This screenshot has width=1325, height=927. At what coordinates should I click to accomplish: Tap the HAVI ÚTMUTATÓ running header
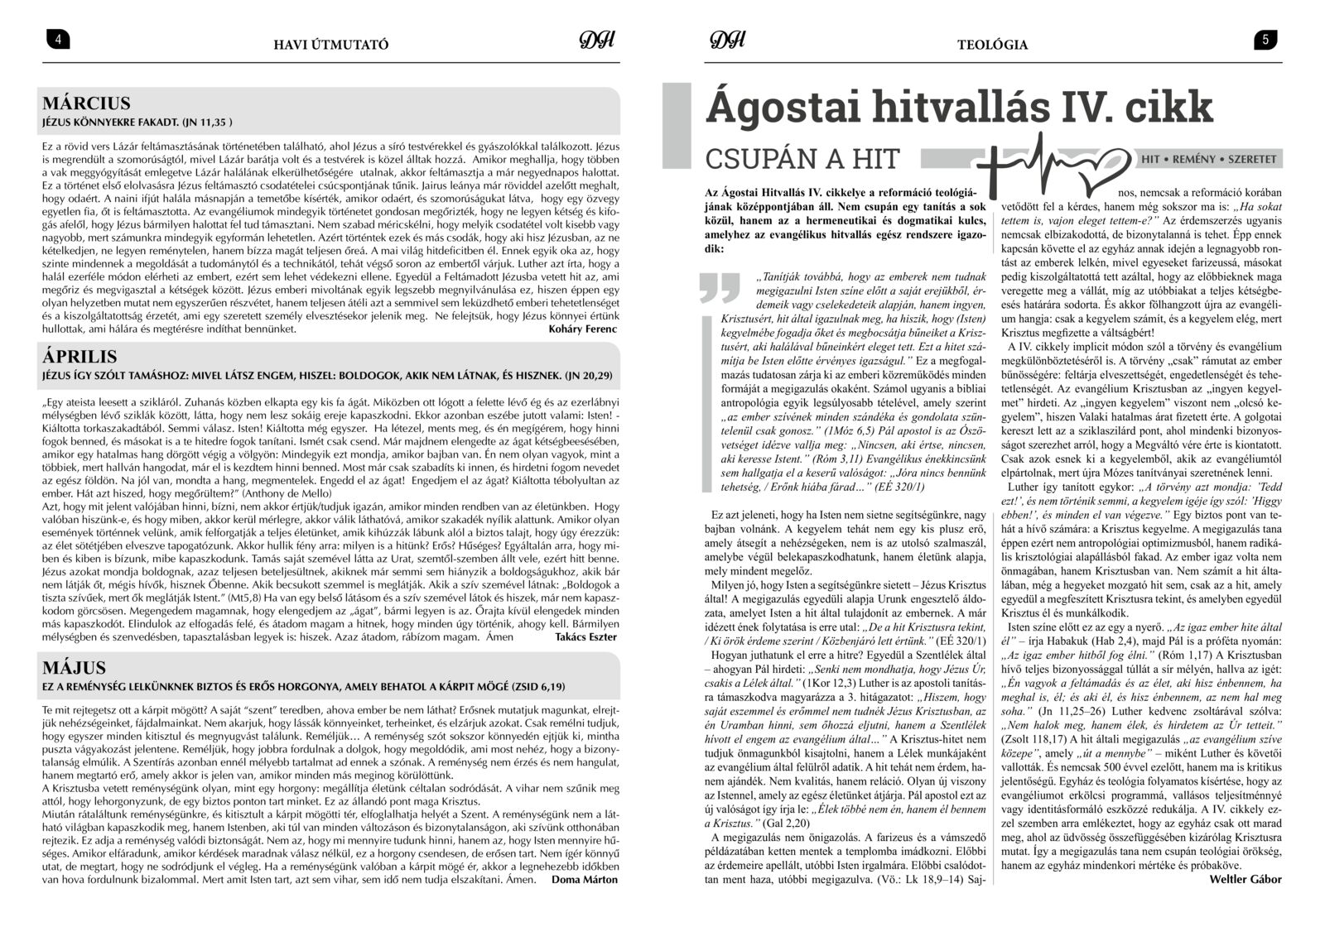coord(330,45)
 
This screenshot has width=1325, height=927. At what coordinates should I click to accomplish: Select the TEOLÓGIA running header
coord(992,45)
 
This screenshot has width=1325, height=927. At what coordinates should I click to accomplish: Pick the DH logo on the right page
coord(727,41)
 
